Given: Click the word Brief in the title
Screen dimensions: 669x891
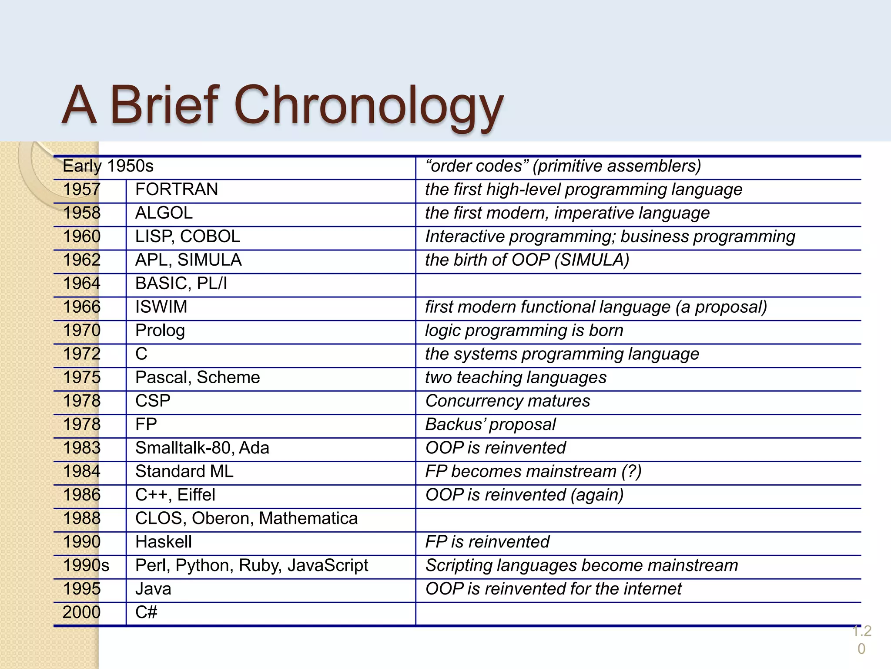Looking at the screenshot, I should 164,105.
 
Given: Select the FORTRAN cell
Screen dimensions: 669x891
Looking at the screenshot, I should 176,189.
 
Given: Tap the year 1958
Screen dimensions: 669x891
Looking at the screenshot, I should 82,213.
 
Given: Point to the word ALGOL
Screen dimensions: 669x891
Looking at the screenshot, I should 164,213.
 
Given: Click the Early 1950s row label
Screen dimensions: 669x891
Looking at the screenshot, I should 108,166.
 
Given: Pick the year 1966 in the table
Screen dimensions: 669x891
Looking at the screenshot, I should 82,307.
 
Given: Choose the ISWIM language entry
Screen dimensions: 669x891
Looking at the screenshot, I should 161,307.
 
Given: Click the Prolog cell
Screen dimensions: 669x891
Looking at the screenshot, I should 160,331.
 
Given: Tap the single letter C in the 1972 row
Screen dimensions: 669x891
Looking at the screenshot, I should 141,354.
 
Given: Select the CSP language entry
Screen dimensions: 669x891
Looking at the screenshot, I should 153,401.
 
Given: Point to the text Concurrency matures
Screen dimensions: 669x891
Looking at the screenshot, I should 507,401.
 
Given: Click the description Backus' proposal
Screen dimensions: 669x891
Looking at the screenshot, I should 490,424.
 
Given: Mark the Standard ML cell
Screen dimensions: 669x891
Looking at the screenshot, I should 184,471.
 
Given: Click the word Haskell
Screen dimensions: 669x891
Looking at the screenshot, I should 163,542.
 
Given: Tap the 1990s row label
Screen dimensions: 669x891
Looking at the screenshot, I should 86,565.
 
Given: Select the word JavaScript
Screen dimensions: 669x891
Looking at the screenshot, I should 328,565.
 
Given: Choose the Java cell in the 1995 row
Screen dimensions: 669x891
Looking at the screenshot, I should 153,589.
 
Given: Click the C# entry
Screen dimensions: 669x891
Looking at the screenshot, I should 146,612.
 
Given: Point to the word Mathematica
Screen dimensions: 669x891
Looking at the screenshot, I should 308,518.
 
